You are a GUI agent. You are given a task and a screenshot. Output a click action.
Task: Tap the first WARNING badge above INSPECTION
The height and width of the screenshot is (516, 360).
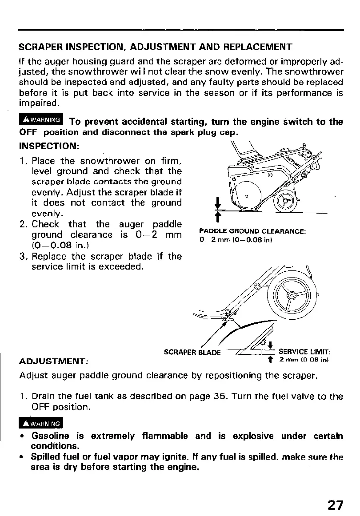coord(41,120)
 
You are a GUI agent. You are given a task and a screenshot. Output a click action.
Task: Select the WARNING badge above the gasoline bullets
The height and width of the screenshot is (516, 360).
coord(41,422)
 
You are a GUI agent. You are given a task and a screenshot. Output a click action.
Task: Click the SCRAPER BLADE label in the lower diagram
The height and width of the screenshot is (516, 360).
coord(192,353)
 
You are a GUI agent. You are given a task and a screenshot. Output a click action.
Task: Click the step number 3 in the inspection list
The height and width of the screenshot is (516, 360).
coord(23,256)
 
